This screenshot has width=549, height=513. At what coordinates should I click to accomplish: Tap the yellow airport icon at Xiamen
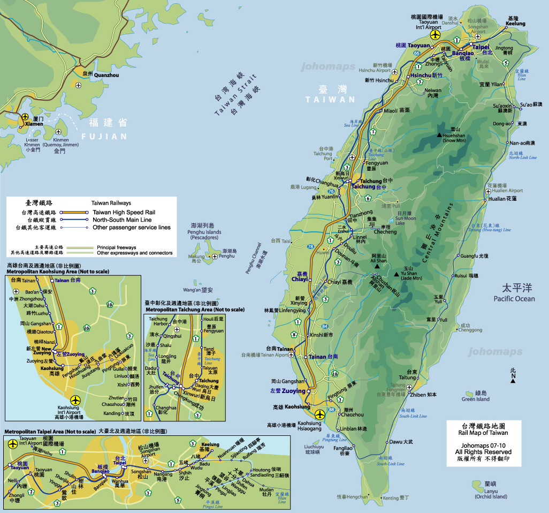pyautogui.click(x=25, y=116)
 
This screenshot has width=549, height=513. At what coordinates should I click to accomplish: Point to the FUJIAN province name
pyautogui.click(x=104, y=137)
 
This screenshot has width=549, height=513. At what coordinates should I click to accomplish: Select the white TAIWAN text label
pyautogui.click(x=330, y=100)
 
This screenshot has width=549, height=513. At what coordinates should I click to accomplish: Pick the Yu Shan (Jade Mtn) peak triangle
pyautogui.click(x=396, y=275)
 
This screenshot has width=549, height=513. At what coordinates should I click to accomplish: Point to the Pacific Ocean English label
pyautogui.click(x=514, y=298)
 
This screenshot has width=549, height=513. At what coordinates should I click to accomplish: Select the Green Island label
pyautogui.click(x=476, y=399)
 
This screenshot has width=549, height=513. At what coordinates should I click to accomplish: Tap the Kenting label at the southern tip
pyautogui.click(x=391, y=498)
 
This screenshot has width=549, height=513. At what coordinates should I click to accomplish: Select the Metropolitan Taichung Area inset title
pyautogui.click(x=195, y=310)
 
